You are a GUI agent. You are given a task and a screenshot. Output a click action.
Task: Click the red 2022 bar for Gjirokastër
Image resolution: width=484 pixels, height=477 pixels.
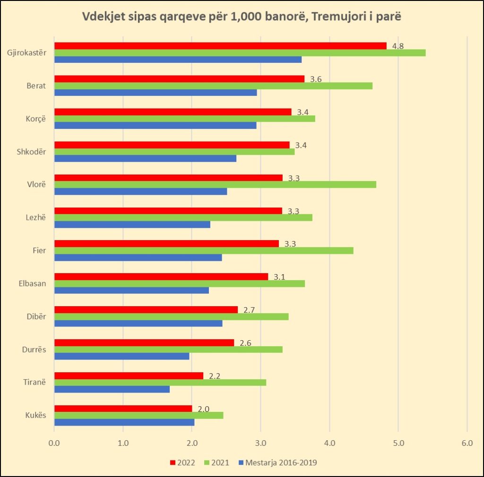coord(220,46)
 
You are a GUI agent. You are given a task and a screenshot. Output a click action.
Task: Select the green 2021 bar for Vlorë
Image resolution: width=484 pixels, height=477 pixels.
coord(215,184)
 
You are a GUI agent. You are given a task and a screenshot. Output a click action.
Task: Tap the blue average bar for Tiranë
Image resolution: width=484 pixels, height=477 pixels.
coord(112,389)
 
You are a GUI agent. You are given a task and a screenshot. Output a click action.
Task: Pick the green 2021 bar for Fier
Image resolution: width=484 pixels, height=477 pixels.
coord(204,251)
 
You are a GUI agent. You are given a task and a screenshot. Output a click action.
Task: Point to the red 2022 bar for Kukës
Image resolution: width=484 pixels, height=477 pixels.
coord(123,409)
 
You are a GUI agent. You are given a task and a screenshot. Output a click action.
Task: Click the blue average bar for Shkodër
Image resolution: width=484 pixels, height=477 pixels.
coord(146,159)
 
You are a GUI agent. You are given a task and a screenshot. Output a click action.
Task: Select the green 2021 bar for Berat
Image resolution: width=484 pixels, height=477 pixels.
coord(213,86)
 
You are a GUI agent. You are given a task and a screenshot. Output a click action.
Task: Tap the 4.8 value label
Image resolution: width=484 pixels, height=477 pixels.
coord(398,46)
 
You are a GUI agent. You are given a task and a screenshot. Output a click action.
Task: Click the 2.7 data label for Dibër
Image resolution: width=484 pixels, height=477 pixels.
coord(249,310)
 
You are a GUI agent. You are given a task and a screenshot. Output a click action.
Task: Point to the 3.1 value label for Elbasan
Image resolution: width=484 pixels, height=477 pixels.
coord(279,277)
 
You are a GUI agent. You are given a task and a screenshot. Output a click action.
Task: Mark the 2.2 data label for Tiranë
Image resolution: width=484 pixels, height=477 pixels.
coord(215,376)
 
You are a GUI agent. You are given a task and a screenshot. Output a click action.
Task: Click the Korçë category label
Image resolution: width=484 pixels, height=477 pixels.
coord(36,119)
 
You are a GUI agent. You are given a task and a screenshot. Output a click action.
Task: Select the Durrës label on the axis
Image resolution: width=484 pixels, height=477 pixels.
coord(34,350)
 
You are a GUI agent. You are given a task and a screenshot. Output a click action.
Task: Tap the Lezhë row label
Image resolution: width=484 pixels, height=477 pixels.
coord(36,218)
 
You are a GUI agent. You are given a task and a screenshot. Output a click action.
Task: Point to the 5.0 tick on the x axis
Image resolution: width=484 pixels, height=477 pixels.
coord(398,443)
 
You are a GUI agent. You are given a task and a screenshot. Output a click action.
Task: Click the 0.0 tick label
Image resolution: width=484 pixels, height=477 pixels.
coord(54,443)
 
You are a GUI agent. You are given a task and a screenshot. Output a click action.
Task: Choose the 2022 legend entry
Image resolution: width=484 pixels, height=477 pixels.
coord(183,462)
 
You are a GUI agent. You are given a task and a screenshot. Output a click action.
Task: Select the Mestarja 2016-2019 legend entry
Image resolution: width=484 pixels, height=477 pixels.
coord(278,462)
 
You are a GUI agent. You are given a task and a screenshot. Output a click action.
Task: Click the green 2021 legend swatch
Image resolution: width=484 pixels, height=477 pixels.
coord(207,462)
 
